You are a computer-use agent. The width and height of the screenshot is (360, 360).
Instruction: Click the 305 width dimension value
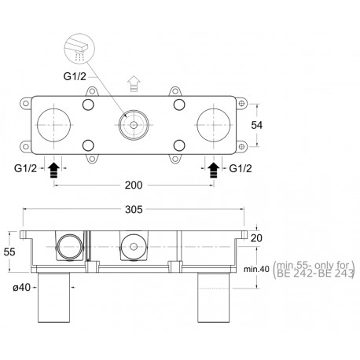pyautogui.click(x=134, y=210)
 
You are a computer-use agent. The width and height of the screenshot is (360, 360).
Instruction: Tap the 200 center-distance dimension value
pyautogui.click(x=134, y=186)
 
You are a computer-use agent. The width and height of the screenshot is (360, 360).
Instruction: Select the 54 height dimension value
pyautogui.click(x=256, y=125)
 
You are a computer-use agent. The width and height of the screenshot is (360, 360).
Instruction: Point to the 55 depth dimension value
pyautogui.click(x=9, y=252)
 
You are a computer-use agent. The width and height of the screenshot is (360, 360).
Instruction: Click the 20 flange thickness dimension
pyautogui.click(x=256, y=238)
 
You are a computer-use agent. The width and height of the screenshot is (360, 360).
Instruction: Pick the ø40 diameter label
pyautogui.click(x=22, y=288)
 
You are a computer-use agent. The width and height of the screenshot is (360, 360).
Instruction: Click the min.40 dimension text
pyautogui.click(x=256, y=269)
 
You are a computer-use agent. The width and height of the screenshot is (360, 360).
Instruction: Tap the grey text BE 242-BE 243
pyautogui.click(x=315, y=274)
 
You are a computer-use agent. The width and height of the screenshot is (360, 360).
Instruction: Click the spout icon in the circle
pyautogui.click(x=79, y=49)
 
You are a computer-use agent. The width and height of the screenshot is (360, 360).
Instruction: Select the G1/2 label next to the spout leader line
pyautogui.click(x=75, y=76)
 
